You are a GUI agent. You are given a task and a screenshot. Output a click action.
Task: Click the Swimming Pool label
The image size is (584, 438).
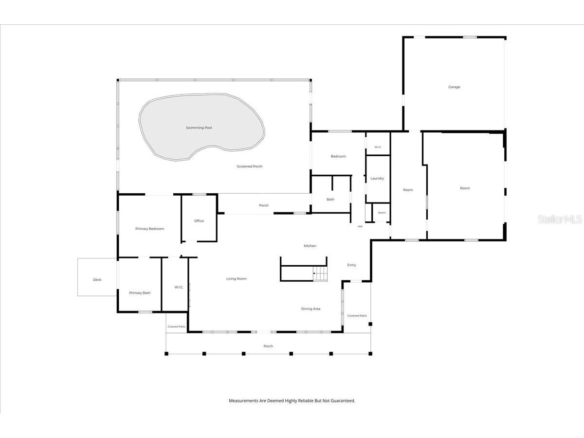click(199, 128)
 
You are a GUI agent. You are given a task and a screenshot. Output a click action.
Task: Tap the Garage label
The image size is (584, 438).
click(454, 87)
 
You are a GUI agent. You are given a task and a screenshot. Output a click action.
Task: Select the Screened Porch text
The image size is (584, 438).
click(250, 166)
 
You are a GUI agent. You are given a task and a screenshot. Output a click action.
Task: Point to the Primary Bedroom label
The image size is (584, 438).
click(149, 229)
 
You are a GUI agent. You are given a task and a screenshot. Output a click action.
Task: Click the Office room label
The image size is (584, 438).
click(199, 221)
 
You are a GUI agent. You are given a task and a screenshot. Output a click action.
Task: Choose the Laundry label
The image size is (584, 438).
click(377, 179)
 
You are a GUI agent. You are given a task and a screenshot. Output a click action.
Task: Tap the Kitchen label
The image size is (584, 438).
click(310, 246)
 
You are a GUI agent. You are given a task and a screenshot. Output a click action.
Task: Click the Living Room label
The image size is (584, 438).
click(237, 279)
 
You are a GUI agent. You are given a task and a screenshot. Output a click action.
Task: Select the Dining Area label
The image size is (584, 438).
click(311, 309)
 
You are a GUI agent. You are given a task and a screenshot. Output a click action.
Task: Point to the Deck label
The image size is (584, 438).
click(97, 280)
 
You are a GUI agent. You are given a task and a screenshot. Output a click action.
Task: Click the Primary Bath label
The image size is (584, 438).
click(140, 293)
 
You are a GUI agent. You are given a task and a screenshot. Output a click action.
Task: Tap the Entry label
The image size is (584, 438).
click(352, 265)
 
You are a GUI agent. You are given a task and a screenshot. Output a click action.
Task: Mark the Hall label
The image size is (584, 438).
click(360, 227)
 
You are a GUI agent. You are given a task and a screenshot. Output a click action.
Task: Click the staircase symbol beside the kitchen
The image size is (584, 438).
click(320, 274)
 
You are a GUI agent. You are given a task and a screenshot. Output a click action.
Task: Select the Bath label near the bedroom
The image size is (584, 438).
click(330, 200)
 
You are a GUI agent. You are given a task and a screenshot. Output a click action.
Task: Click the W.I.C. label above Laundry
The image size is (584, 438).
click(378, 147)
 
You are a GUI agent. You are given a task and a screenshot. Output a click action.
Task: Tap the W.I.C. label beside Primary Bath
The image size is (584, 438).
click(179, 287)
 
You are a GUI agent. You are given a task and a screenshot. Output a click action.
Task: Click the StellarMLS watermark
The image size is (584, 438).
click(560, 219)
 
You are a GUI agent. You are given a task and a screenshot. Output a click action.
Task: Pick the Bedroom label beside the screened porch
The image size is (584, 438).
click(338, 156)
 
